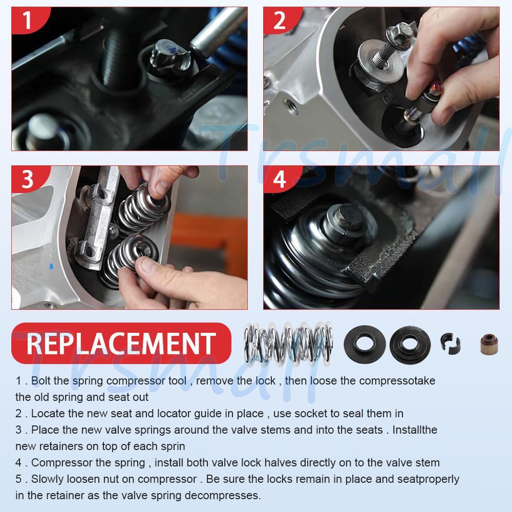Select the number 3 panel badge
pos(29,179)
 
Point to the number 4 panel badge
pos(281,179)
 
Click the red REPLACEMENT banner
pos(121,343)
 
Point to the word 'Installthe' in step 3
pos(415,430)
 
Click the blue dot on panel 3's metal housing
pos(51,266)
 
